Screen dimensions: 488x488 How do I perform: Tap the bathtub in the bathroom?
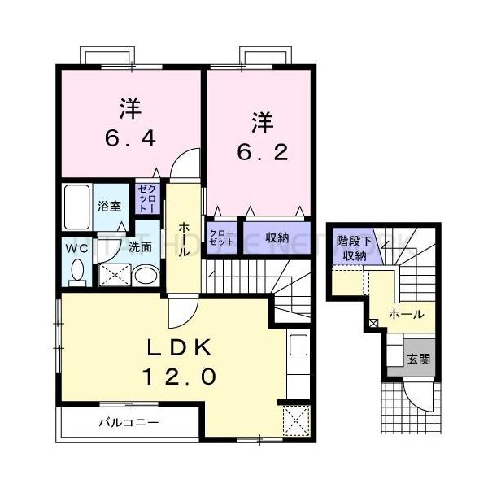(78, 207)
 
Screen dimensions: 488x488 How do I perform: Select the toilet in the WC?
(76, 272)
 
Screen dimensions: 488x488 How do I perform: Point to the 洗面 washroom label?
(139, 246)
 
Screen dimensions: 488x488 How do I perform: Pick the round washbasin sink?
(146, 276)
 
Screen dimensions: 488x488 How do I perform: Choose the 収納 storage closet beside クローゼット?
(277, 238)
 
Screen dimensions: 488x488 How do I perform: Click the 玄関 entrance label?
(418, 357)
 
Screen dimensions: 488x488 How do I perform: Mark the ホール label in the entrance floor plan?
(405, 314)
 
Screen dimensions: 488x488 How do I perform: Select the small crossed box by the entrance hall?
(373, 325)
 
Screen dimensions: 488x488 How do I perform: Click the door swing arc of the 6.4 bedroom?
(185, 162)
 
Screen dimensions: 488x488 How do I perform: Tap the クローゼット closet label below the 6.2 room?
(221, 238)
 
